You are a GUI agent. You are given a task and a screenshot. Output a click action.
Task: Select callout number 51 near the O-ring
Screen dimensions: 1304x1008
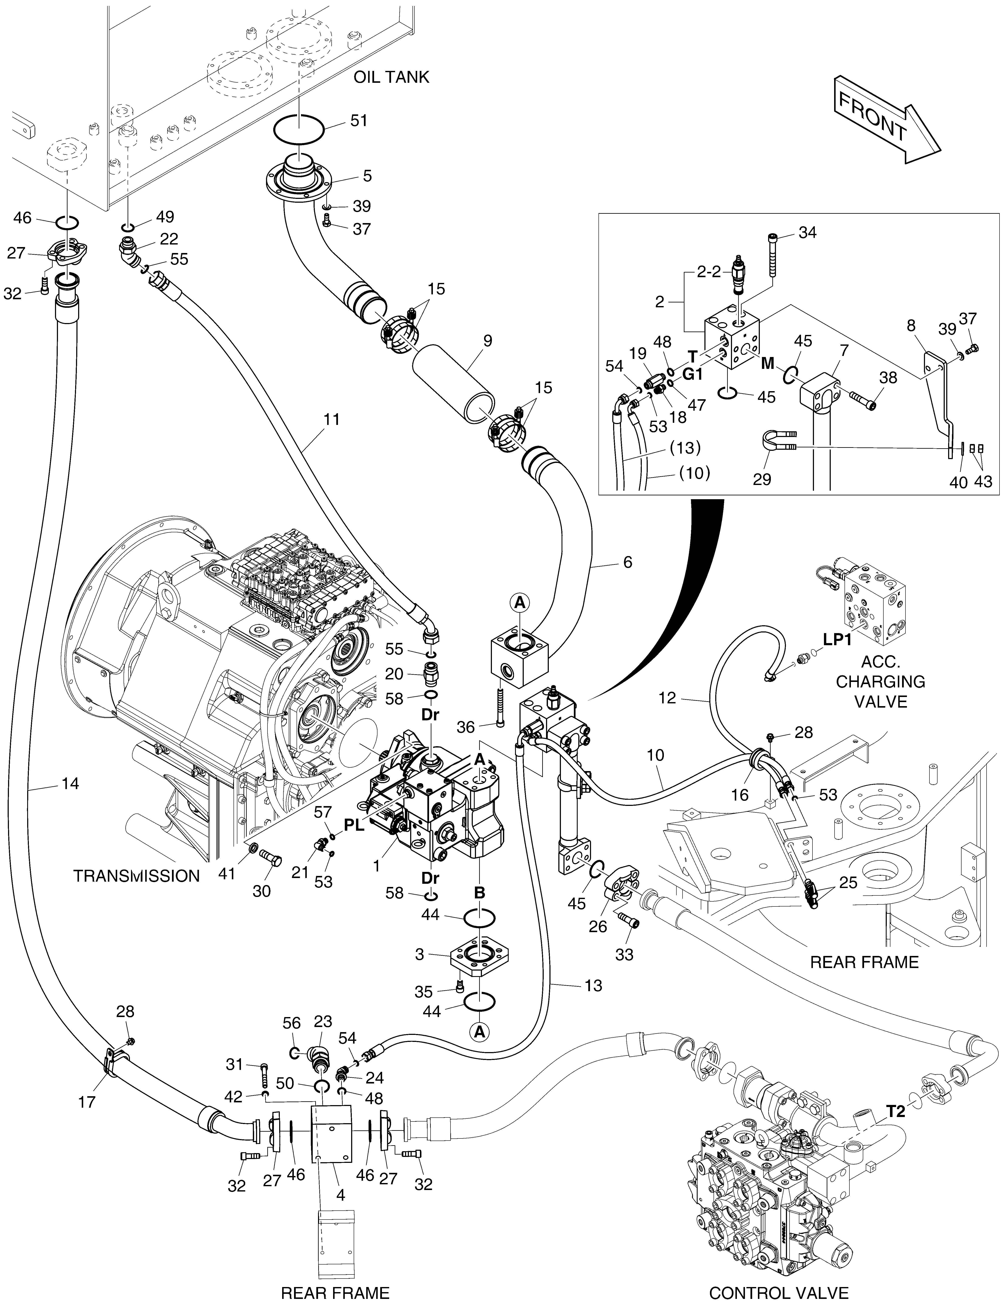point(359,121)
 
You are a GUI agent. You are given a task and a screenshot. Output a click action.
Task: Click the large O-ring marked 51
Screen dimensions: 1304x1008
point(298,128)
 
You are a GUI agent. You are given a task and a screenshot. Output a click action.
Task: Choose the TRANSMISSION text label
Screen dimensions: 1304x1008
point(136,876)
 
